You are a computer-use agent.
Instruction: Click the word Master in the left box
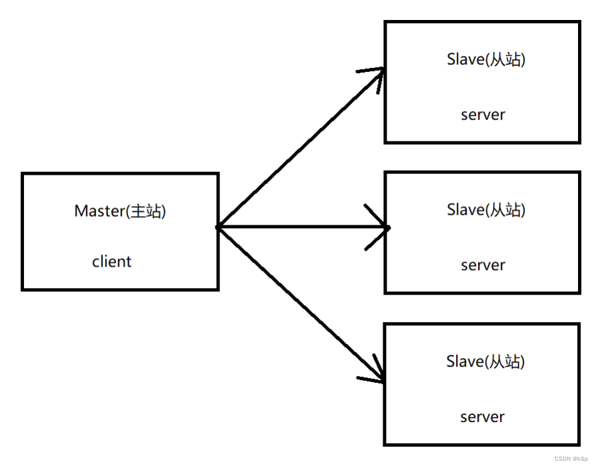click(x=96, y=211)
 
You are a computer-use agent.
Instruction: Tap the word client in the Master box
click(x=111, y=261)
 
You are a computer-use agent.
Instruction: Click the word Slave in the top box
click(x=464, y=59)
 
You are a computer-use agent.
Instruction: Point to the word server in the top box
click(x=483, y=114)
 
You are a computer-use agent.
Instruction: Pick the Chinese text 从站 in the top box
click(x=506, y=59)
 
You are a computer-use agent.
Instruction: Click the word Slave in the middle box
click(x=464, y=209)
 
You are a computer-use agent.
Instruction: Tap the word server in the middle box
click(x=483, y=265)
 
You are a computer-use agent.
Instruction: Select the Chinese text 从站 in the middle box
click(x=506, y=209)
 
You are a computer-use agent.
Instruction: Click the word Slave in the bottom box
click(x=463, y=361)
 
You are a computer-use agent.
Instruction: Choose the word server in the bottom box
click(x=482, y=417)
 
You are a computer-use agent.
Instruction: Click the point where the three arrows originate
click(x=218, y=227)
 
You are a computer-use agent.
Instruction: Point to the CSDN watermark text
click(x=561, y=459)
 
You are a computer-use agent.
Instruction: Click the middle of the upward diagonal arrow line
click(x=300, y=149)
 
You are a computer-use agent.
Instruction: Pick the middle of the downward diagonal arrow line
click(x=300, y=304)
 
